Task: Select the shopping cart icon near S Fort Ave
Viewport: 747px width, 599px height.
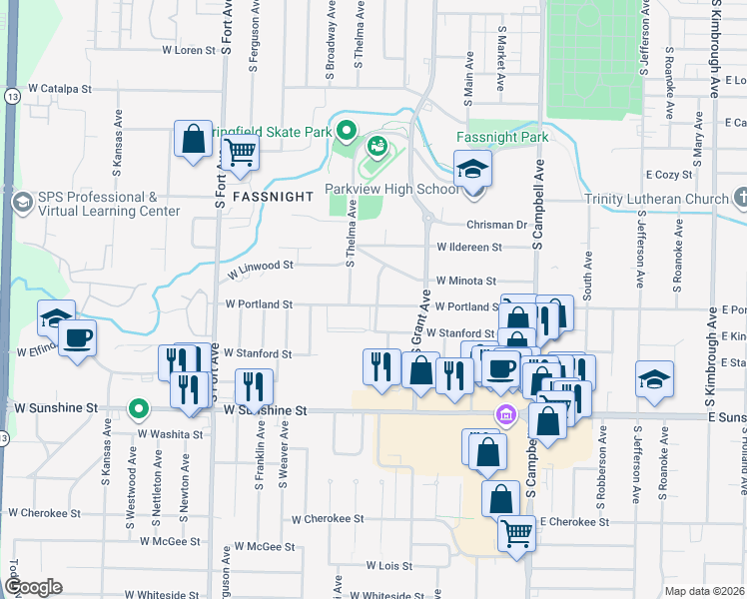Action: coord(241,154)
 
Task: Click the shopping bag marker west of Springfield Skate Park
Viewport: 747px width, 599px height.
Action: coord(193,139)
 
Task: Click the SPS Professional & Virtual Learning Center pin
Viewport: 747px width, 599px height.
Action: coord(20,203)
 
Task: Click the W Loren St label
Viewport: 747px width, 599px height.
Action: coord(188,49)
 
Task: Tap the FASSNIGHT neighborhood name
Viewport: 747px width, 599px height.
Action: coord(273,198)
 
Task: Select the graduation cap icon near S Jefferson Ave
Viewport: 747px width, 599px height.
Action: coord(654,379)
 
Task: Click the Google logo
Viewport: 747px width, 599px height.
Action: coord(33,587)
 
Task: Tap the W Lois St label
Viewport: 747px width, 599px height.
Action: coord(389,565)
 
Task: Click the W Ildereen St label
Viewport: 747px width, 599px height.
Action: coord(465,247)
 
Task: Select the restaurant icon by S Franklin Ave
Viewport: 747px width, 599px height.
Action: coord(254,385)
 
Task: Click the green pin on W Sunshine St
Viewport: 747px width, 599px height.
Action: coord(140,408)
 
